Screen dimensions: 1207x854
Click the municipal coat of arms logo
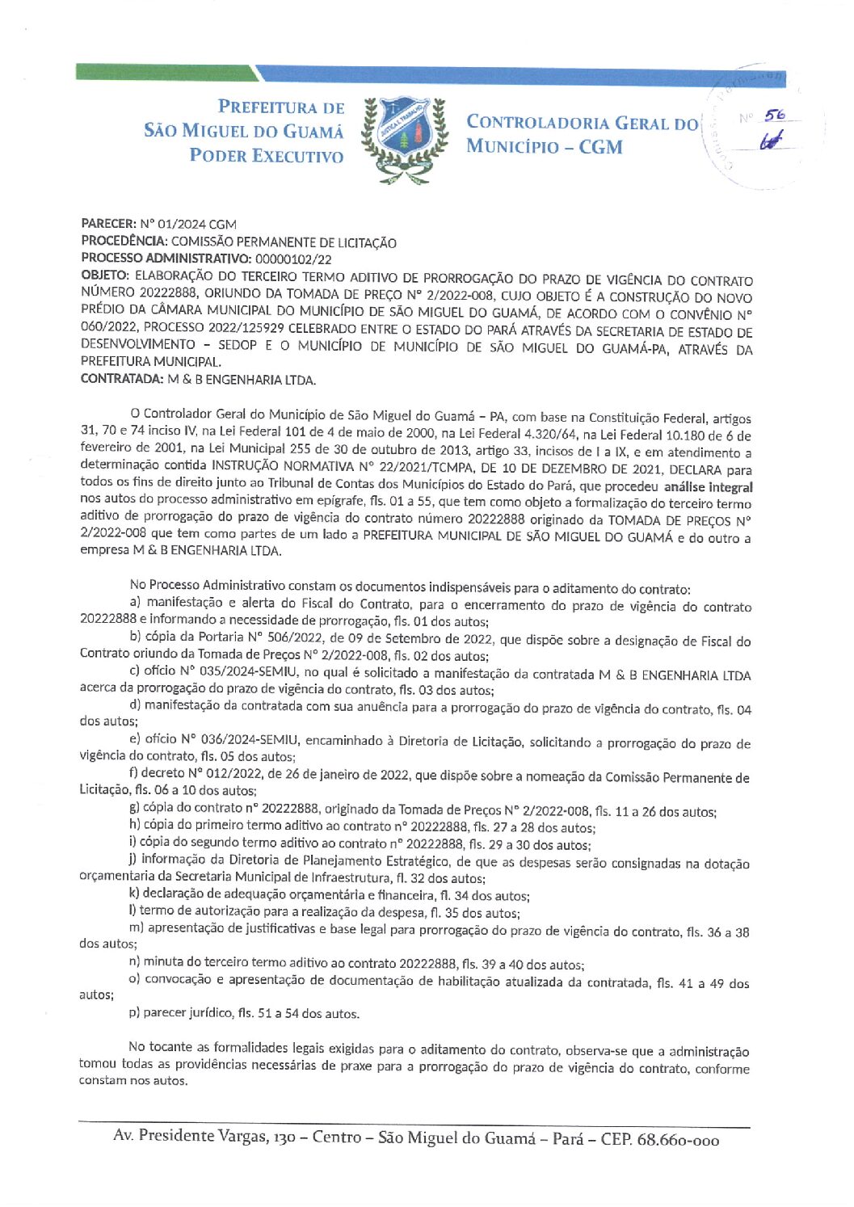[x=404, y=137]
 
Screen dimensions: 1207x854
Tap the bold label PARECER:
[x=108, y=224]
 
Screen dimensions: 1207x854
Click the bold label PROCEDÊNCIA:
[x=124, y=242]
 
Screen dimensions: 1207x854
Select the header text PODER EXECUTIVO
[x=267, y=156]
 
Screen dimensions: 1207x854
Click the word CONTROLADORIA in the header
[x=537, y=123]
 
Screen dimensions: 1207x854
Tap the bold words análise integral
[x=708, y=487]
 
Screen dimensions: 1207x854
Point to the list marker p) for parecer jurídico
[x=134, y=1013]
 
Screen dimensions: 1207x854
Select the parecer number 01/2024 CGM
[x=188, y=224]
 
